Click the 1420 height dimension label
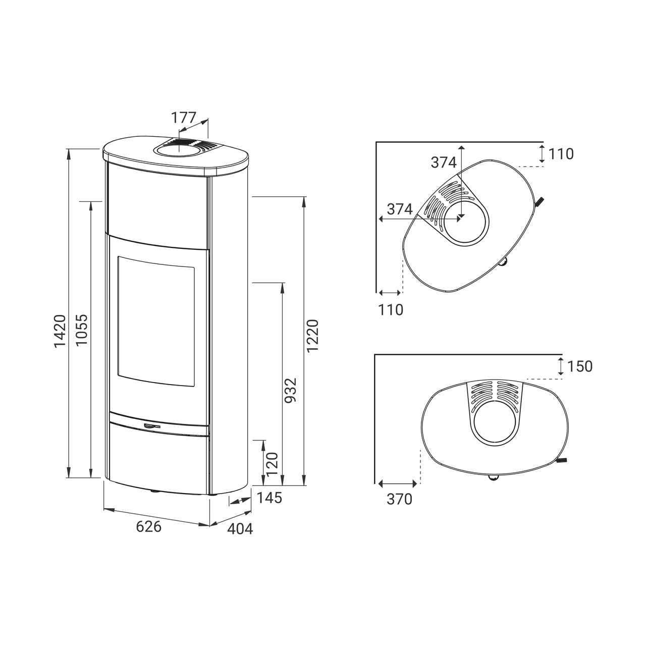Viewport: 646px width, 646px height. coord(61,331)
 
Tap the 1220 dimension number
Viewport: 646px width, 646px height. coord(312,336)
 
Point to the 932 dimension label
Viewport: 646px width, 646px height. coord(291,391)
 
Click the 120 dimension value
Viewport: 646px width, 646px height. coord(272,464)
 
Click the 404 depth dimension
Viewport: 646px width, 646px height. coord(240,529)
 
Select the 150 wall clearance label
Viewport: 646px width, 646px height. coord(579,366)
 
